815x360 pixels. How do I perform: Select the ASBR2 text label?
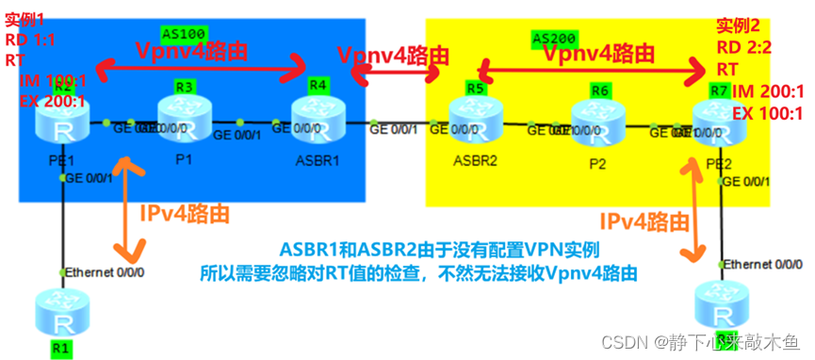[x=473, y=160]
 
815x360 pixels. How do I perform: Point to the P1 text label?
[x=184, y=157]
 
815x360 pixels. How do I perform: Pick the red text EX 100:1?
[x=767, y=114]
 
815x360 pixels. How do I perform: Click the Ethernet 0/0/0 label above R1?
[x=105, y=272]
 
